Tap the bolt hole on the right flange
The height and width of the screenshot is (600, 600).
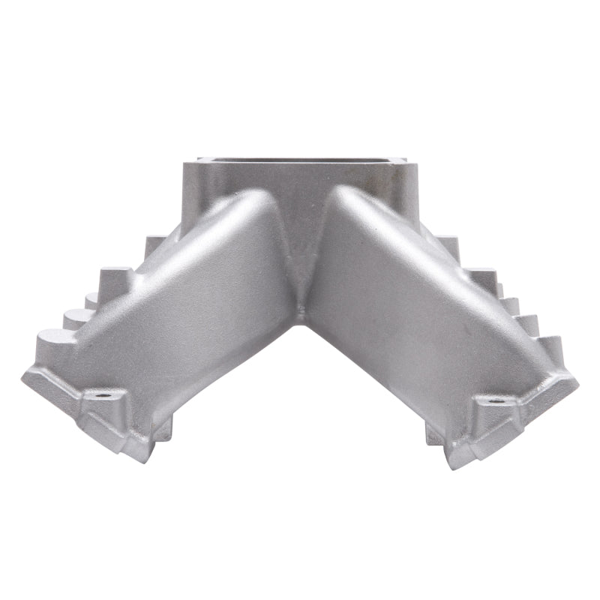496,401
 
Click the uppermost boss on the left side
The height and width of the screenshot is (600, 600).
154,244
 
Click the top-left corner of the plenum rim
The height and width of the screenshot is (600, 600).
199,159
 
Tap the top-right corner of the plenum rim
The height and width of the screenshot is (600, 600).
405,159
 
